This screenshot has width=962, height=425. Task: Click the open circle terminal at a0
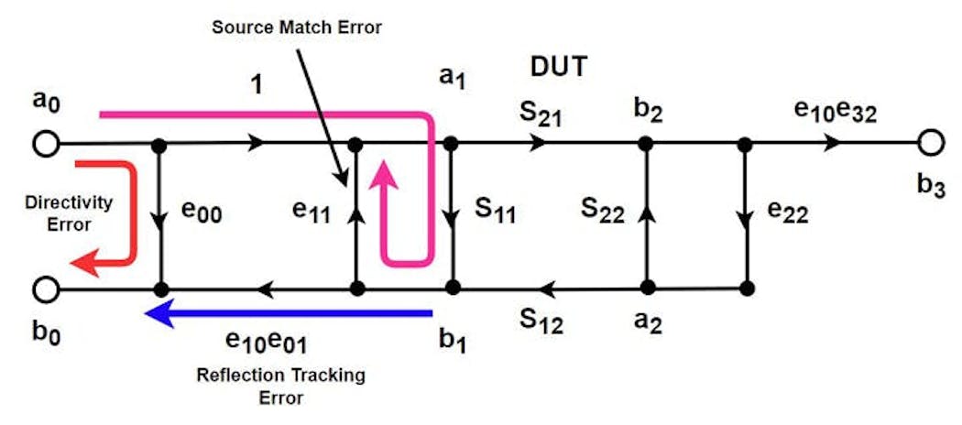click(x=45, y=144)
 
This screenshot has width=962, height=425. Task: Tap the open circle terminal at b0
click(x=45, y=289)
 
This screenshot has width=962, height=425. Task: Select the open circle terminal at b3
click(x=931, y=144)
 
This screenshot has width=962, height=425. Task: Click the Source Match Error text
click(x=296, y=27)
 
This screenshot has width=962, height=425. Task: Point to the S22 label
click(x=603, y=212)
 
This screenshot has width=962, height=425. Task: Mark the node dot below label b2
click(x=646, y=144)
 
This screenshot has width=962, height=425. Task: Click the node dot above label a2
click(x=647, y=289)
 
